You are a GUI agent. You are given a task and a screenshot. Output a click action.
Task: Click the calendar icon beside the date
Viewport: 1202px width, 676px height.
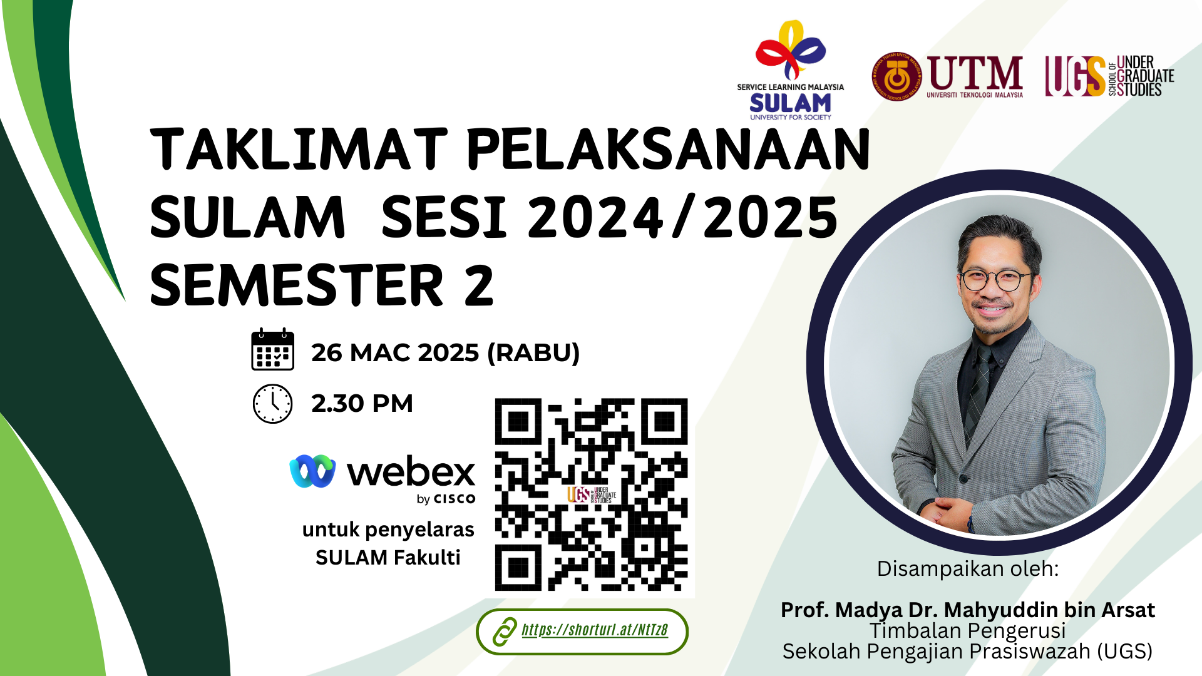[x=272, y=349]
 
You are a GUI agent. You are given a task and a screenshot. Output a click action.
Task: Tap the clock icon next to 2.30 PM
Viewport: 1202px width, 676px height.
[x=272, y=404]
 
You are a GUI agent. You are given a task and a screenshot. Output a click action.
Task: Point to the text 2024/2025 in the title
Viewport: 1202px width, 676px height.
[x=683, y=217]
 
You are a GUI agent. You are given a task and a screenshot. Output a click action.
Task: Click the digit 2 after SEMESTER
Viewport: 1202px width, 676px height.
[x=479, y=285]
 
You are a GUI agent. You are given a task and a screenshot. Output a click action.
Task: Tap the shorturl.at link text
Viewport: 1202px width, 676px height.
[x=595, y=630]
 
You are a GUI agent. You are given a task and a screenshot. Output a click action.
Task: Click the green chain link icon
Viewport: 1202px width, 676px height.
[x=504, y=632]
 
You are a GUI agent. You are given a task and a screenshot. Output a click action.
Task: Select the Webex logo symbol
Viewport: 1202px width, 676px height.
[x=312, y=471]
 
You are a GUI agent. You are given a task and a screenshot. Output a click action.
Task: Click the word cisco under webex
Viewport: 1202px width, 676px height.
[x=455, y=499]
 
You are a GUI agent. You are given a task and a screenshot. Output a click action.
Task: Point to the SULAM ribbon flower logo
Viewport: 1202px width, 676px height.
[x=791, y=50]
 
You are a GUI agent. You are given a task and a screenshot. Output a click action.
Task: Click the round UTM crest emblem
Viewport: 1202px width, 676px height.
[x=897, y=76]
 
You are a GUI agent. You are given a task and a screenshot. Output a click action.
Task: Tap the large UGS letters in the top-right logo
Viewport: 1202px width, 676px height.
[x=1075, y=76]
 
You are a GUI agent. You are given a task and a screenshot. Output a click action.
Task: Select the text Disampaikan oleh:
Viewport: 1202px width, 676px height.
[x=968, y=569]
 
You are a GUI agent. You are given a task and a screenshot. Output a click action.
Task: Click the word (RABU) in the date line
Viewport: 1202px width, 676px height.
[x=533, y=353]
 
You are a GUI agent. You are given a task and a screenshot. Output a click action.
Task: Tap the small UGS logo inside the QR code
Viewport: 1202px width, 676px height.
[x=592, y=495]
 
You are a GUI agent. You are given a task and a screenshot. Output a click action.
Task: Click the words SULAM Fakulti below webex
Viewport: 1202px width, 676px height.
[x=388, y=557]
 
